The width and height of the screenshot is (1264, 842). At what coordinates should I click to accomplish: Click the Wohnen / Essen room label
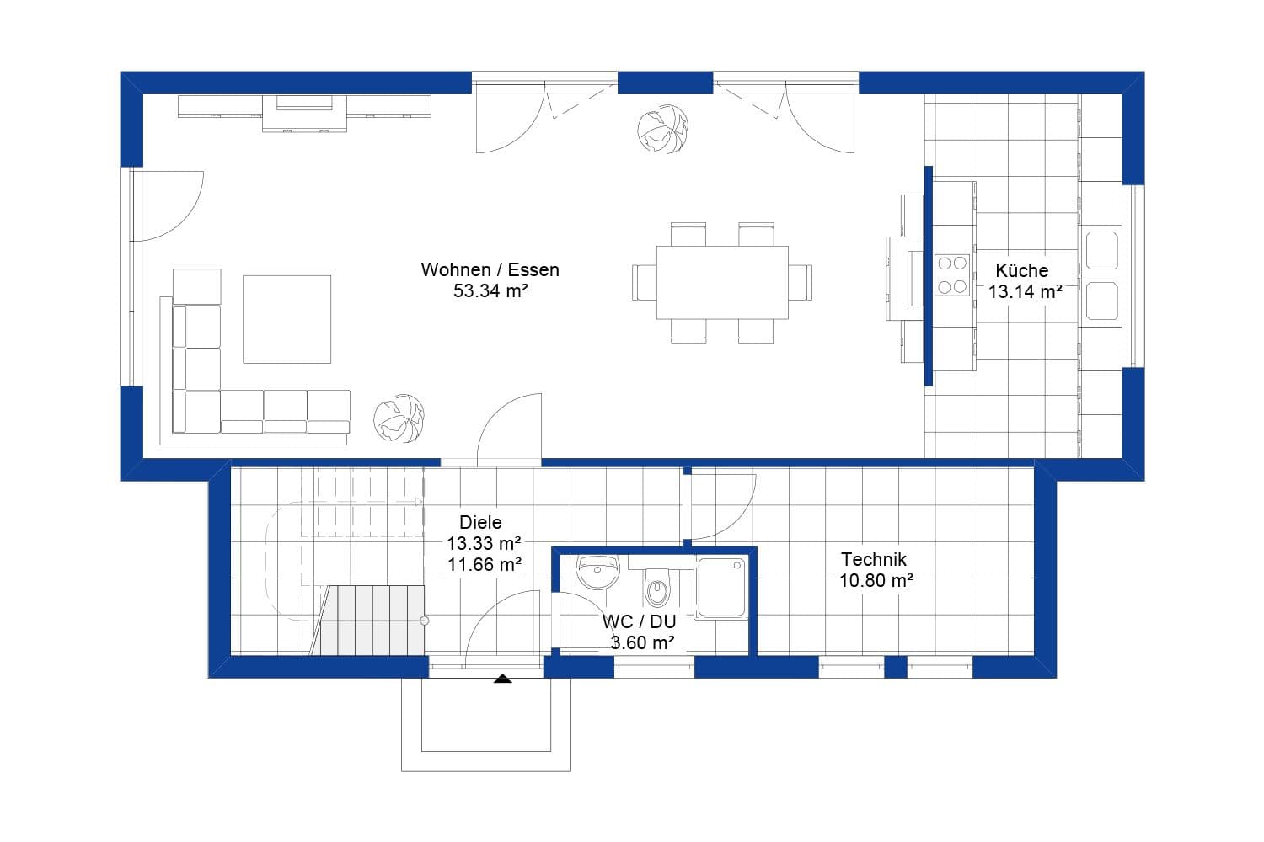[x=490, y=270]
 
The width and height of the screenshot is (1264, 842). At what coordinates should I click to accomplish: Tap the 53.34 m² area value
[x=490, y=291]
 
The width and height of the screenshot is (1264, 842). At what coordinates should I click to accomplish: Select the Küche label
[x=1021, y=270]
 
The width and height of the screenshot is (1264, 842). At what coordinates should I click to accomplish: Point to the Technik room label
[x=874, y=559]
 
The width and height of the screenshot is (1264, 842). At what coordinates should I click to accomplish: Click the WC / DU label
[x=639, y=622]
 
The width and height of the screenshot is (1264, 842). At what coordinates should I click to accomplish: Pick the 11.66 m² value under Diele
[x=484, y=564]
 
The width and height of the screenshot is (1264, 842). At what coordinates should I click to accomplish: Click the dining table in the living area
[x=722, y=282]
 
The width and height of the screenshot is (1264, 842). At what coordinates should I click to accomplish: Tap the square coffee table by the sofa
[x=287, y=319]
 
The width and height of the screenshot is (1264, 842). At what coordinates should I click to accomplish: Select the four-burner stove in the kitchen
[x=952, y=275]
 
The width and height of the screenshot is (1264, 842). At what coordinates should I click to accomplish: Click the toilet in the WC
[x=657, y=586]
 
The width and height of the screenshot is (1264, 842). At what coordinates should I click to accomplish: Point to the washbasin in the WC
[x=598, y=573]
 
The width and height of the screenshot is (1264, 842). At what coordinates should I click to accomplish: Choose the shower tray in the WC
[x=722, y=587]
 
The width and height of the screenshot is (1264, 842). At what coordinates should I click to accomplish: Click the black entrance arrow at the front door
[x=503, y=678]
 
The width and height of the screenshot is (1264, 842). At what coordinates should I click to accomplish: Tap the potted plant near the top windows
[x=662, y=129]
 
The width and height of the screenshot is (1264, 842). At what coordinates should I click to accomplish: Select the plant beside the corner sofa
[x=399, y=418]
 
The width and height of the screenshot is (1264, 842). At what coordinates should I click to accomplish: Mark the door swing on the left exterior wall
[x=169, y=206]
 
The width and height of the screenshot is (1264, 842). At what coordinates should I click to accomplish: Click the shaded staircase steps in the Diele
[x=371, y=620]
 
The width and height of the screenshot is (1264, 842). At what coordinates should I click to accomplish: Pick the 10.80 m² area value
[x=876, y=580]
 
